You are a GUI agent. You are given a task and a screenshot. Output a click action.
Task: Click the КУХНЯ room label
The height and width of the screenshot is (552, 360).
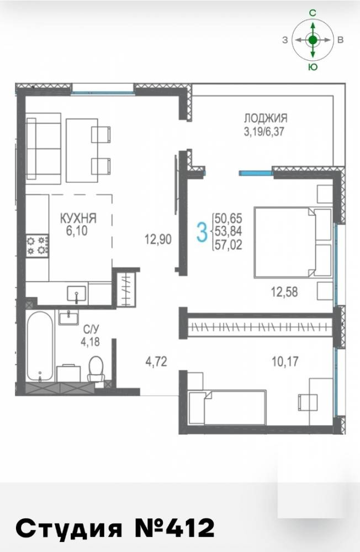(x=78, y=218)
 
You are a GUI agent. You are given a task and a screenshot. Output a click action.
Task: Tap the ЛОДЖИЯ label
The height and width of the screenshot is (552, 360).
(x=266, y=118)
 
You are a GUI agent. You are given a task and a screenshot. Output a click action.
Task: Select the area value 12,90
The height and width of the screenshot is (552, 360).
(x=158, y=240)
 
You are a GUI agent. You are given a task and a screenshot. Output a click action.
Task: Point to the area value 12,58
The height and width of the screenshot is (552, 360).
(x=284, y=291)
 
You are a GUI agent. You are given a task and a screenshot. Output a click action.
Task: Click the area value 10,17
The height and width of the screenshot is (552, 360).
(x=284, y=361)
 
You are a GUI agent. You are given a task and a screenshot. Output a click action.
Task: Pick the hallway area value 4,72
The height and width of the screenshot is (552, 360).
(x=156, y=361)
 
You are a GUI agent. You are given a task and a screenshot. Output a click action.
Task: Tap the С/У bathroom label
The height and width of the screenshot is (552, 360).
(x=91, y=330)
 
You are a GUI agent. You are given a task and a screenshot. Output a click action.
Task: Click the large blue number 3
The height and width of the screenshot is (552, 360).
(x=202, y=233)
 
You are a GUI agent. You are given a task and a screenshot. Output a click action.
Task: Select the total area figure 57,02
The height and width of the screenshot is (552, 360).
(x=228, y=245)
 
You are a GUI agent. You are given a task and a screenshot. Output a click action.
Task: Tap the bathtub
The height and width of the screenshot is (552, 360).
(x=40, y=346)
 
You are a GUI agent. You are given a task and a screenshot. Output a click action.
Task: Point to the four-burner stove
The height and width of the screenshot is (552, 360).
(x=38, y=246)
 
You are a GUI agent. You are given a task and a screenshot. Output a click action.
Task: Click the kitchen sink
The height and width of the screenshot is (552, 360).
(x=76, y=294)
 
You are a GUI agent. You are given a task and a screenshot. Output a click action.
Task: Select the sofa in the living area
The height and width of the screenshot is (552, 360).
(x=44, y=148)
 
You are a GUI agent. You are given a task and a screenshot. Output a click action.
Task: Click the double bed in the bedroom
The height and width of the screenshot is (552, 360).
(x=293, y=242)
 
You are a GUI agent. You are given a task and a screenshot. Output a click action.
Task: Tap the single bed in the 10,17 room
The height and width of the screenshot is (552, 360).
(x=227, y=407)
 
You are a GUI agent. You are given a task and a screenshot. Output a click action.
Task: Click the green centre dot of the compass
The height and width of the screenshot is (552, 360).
(x=313, y=40)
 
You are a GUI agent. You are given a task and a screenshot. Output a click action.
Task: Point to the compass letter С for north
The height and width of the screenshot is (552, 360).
(x=313, y=13)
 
